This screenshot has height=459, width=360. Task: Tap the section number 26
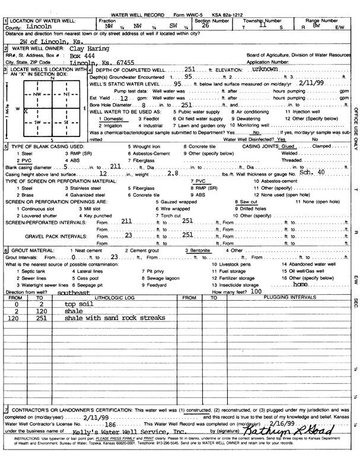coord(205,26)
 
